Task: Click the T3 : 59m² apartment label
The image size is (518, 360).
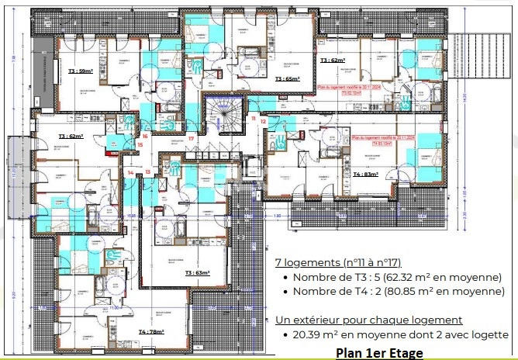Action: pyautogui.click(x=81, y=71)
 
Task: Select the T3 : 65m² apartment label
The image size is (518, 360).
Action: pyautogui.click(x=287, y=79)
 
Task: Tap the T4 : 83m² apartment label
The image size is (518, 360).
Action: pyautogui.click(x=365, y=175)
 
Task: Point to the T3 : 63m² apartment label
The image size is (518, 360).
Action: pyautogui.click(x=198, y=273)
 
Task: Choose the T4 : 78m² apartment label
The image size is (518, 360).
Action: pyautogui.click(x=151, y=331)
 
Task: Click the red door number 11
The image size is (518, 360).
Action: pyautogui.click(x=254, y=118)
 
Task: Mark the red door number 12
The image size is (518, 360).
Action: pyautogui.click(x=264, y=122)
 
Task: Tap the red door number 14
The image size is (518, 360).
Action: pyautogui.click(x=129, y=172)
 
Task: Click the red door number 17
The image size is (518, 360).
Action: pyautogui.click(x=191, y=138)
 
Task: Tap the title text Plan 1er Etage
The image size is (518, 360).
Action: pyautogui.click(x=379, y=353)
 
